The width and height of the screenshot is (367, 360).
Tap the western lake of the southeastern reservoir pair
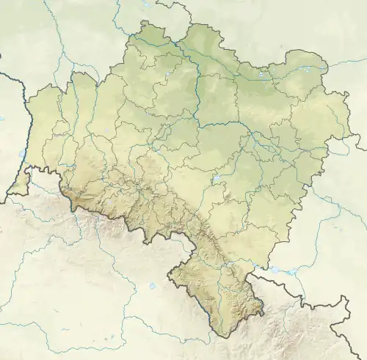coord(275,269)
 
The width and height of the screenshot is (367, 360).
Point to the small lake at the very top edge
coord(147,4)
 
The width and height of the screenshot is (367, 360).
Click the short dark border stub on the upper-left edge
coord(2,54)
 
